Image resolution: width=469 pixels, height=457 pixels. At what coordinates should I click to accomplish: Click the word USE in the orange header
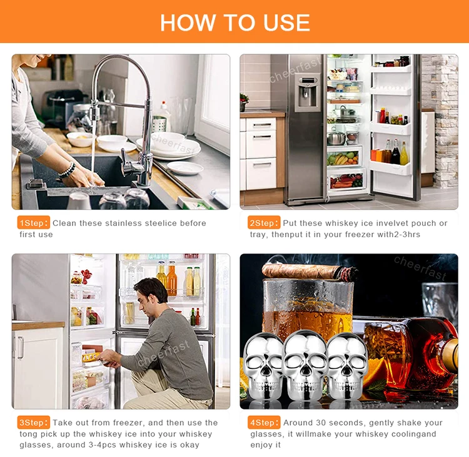pos(286,22)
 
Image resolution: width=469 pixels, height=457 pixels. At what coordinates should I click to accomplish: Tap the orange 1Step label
pos(34,223)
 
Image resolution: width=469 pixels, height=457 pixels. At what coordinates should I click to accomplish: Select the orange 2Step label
pos(264,223)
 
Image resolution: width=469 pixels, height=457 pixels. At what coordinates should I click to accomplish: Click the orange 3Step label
pos(34,423)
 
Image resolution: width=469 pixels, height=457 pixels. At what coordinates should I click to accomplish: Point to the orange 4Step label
pos(264,423)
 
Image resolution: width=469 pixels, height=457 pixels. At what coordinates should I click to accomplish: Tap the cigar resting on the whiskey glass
pos(309,271)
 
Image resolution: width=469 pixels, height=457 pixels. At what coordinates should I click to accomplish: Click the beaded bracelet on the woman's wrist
pos(68,170)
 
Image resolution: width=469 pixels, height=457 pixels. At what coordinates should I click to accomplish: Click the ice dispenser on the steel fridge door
pos(305,92)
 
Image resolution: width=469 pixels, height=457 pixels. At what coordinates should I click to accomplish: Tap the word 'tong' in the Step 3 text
pos(29,434)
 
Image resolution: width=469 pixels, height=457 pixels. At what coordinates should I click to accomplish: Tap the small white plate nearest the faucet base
pos(185,167)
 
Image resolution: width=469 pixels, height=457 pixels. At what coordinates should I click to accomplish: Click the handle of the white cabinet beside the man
pos(21,348)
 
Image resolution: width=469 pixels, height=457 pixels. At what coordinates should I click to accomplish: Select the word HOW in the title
pos(188,22)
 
